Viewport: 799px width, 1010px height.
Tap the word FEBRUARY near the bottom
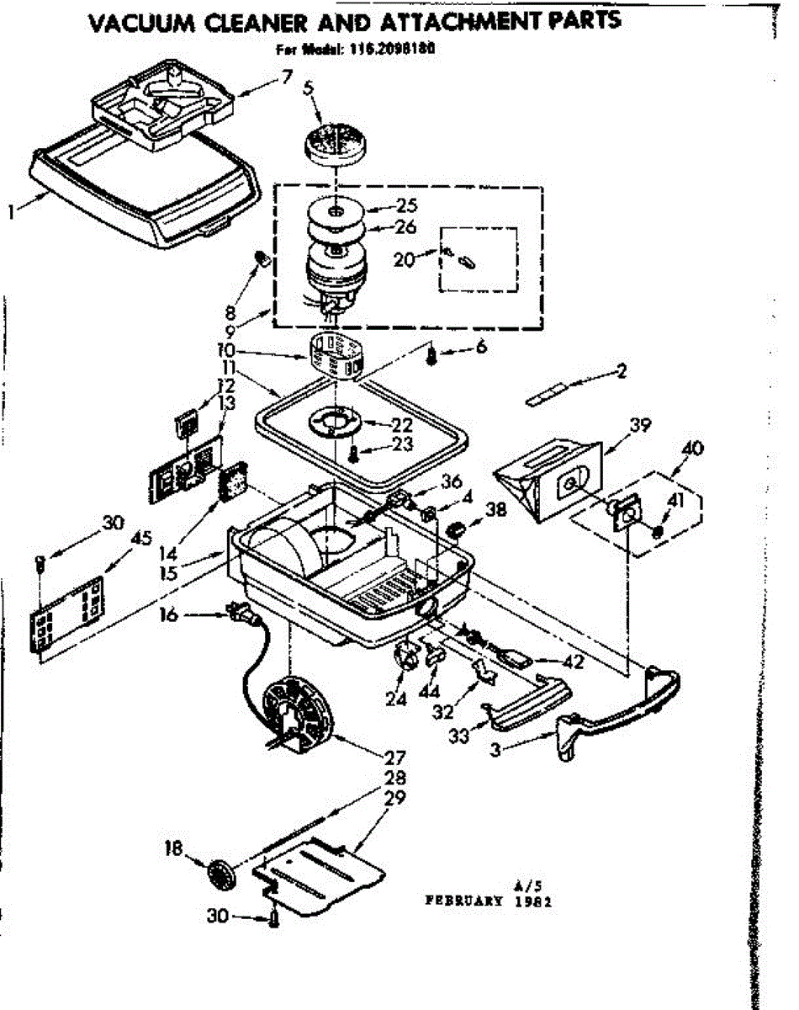pos(464,899)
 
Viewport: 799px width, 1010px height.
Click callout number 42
pos(574,662)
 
